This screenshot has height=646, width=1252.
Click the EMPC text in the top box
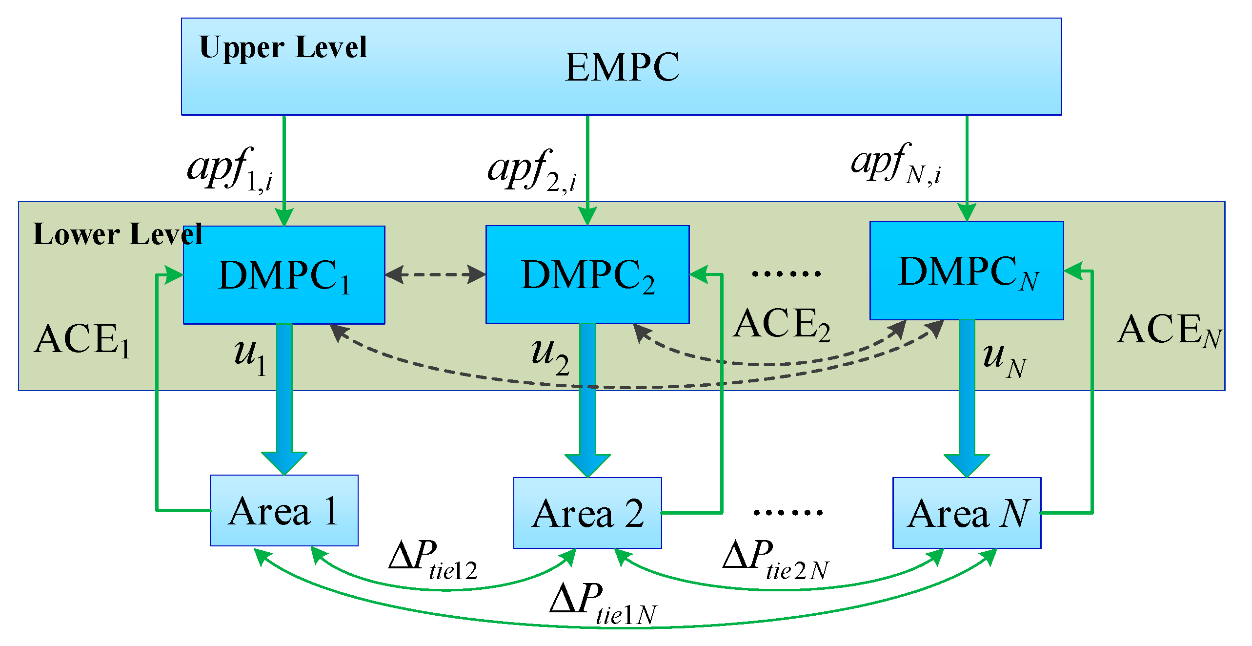(622, 67)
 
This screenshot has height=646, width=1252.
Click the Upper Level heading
(283, 48)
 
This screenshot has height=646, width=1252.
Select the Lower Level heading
(117, 234)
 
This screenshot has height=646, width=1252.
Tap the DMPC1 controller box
(284, 275)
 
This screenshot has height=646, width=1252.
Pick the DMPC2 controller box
(587, 275)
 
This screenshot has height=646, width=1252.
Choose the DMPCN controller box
(967, 271)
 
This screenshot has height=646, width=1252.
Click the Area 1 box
(284, 511)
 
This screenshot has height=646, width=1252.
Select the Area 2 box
(587, 513)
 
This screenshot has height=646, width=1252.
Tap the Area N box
(967, 513)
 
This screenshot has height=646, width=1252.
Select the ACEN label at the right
(1169, 331)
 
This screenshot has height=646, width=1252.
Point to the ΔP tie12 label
(432, 560)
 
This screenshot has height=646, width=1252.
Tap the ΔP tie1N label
(603, 603)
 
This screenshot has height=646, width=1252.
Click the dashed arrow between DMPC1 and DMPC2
(435, 274)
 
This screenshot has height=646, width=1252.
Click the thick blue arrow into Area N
(967, 400)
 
